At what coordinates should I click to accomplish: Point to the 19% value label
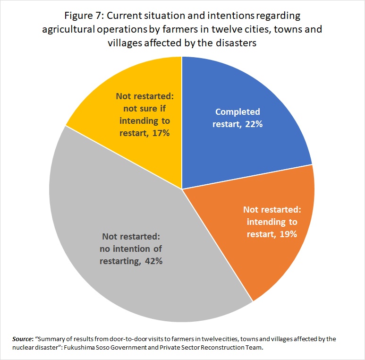pyautogui.click(x=288, y=234)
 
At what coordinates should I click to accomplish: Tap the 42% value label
pyautogui.click(x=154, y=261)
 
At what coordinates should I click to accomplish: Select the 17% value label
pyautogui.click(x=161, y=133)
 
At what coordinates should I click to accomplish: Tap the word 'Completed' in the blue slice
pyautogui.click(x=238, y=112)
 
